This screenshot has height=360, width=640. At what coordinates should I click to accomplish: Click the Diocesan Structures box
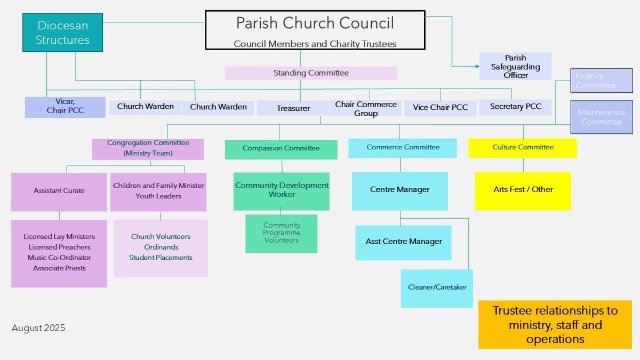pos(62,33)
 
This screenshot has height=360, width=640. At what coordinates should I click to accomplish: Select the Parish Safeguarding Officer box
pos(515,66)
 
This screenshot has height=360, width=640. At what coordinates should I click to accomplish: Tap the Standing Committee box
pos(310,73)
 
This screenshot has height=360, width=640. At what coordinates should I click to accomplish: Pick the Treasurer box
pos(293,108)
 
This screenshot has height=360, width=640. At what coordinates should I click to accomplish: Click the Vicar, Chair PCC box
pos(65,106)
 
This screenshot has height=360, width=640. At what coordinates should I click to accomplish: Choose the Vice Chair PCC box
pos(440,107)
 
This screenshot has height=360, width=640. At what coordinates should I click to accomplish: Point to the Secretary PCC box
pos(515,107)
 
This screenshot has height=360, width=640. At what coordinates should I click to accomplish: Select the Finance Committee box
pos(602,81)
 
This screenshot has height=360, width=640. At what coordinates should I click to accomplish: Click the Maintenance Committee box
pos(602,117)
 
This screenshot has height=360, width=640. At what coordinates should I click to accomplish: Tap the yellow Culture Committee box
pos(523,148)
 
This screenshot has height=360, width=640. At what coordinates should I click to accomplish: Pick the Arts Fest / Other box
pos(523,190)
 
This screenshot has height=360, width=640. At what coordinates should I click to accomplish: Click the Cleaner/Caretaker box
pos(437,288)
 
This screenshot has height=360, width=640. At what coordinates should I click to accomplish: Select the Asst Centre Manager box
pos(403,242)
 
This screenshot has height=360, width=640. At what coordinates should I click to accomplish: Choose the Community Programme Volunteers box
pos(281,233)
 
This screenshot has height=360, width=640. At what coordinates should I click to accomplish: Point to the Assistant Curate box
pos(59,191)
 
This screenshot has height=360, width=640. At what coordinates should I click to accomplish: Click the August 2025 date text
pos(38,328)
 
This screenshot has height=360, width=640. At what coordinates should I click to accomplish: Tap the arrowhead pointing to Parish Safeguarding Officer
pos(477,67)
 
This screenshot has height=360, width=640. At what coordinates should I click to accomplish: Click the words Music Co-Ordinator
pos(59,258)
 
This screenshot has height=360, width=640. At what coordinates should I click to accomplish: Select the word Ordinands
pos(161,247)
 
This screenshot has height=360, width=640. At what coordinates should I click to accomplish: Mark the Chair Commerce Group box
pos(365,108)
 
